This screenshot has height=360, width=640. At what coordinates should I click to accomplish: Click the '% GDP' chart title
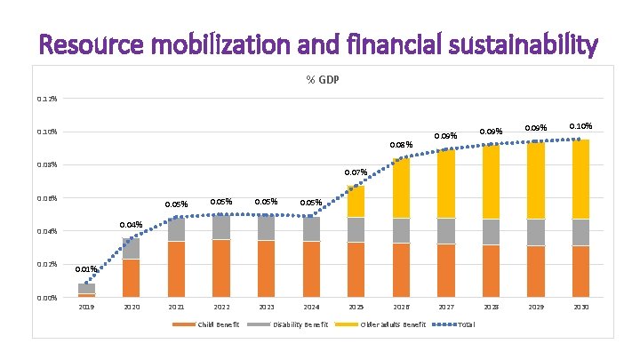coord(323,80)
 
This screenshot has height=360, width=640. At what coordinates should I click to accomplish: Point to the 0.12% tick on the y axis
coord(47,98)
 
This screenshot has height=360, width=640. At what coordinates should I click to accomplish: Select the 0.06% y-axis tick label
coord(47,197)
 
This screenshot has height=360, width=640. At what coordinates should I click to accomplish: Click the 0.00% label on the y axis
coord(47,298)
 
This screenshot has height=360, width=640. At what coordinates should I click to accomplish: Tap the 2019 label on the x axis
coord(86,307)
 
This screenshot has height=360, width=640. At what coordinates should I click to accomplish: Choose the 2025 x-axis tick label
coord(356,307)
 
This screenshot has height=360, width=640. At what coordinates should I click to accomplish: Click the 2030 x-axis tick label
coord(581,307)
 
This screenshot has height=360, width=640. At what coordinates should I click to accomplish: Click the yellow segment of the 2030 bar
coord(581,179)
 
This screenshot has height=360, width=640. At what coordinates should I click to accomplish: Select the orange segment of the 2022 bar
coord(221,268)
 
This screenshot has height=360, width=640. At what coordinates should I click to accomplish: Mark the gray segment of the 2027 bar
coord(446,230)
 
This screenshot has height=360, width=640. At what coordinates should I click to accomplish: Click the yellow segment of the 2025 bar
coord(356,201)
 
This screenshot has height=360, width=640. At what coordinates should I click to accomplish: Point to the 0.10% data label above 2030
coord(580,126)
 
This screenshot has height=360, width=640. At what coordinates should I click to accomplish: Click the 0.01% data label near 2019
coord(85,268)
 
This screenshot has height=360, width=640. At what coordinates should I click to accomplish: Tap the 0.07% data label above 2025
coord(356,172)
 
